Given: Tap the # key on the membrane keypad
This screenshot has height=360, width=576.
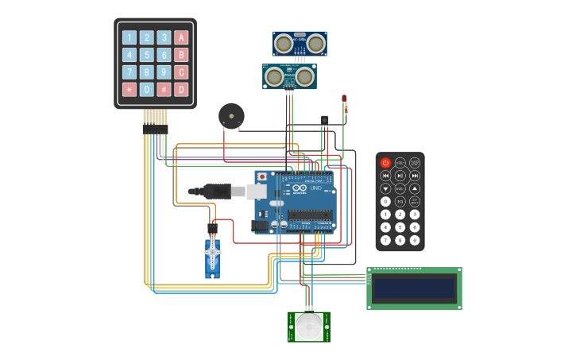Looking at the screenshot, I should tap(164, 90).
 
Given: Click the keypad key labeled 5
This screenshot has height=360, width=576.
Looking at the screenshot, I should tap(146, 55).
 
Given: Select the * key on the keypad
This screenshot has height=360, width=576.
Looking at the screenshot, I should tap(129, 90).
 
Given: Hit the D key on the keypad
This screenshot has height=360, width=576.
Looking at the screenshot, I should tap(181, 90).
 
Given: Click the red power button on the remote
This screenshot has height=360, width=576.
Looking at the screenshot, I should tap(385, 163).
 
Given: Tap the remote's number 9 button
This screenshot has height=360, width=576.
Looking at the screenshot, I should tap(415, 240).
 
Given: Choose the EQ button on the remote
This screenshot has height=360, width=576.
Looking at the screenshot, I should tap(400, 201).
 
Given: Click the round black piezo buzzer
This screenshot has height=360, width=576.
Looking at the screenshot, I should tap(231, 116).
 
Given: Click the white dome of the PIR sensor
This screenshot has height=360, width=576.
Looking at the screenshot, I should tap(309, 327).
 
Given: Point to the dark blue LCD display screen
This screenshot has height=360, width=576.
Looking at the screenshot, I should tap(414, 288).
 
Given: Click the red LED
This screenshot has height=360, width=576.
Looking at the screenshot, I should tap(344, 99).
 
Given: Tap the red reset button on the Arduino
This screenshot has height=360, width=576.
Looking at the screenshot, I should tap(261, 176).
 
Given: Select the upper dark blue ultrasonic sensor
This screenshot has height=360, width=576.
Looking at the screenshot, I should tap(300, 44).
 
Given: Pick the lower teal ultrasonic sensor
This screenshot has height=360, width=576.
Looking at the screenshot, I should tap(289, 77).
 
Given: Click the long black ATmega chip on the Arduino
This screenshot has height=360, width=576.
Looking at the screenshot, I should tap(310, 214).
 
